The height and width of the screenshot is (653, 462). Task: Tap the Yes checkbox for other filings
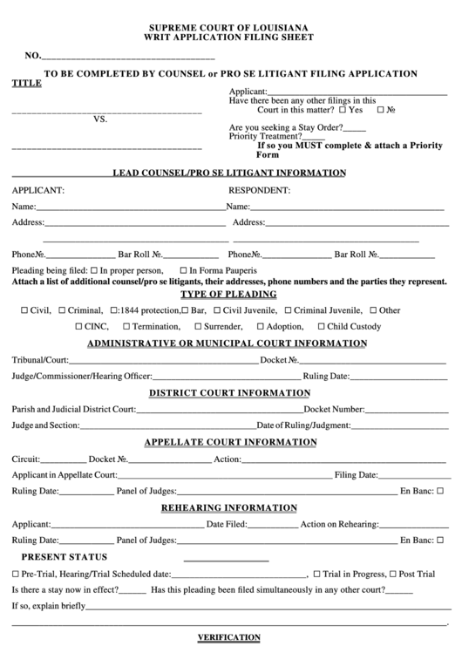343,111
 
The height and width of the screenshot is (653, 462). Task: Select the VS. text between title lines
99,120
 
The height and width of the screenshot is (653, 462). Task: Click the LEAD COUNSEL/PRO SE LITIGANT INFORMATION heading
229,173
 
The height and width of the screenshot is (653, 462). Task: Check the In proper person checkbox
94,270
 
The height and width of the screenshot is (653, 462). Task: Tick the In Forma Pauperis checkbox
183,270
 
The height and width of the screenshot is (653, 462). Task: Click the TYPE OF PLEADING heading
228,294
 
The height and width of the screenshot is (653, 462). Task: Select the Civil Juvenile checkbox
215,310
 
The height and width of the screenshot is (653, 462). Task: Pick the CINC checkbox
78,327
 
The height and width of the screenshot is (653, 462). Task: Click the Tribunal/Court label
39,359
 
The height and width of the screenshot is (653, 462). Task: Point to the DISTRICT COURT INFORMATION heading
230,392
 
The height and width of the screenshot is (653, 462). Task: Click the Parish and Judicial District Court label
73,409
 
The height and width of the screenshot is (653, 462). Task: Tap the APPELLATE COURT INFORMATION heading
230,442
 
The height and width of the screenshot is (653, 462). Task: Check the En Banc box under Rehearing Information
442,541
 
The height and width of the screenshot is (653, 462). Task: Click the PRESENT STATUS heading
65,557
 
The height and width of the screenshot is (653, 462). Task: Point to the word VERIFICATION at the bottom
229,637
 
